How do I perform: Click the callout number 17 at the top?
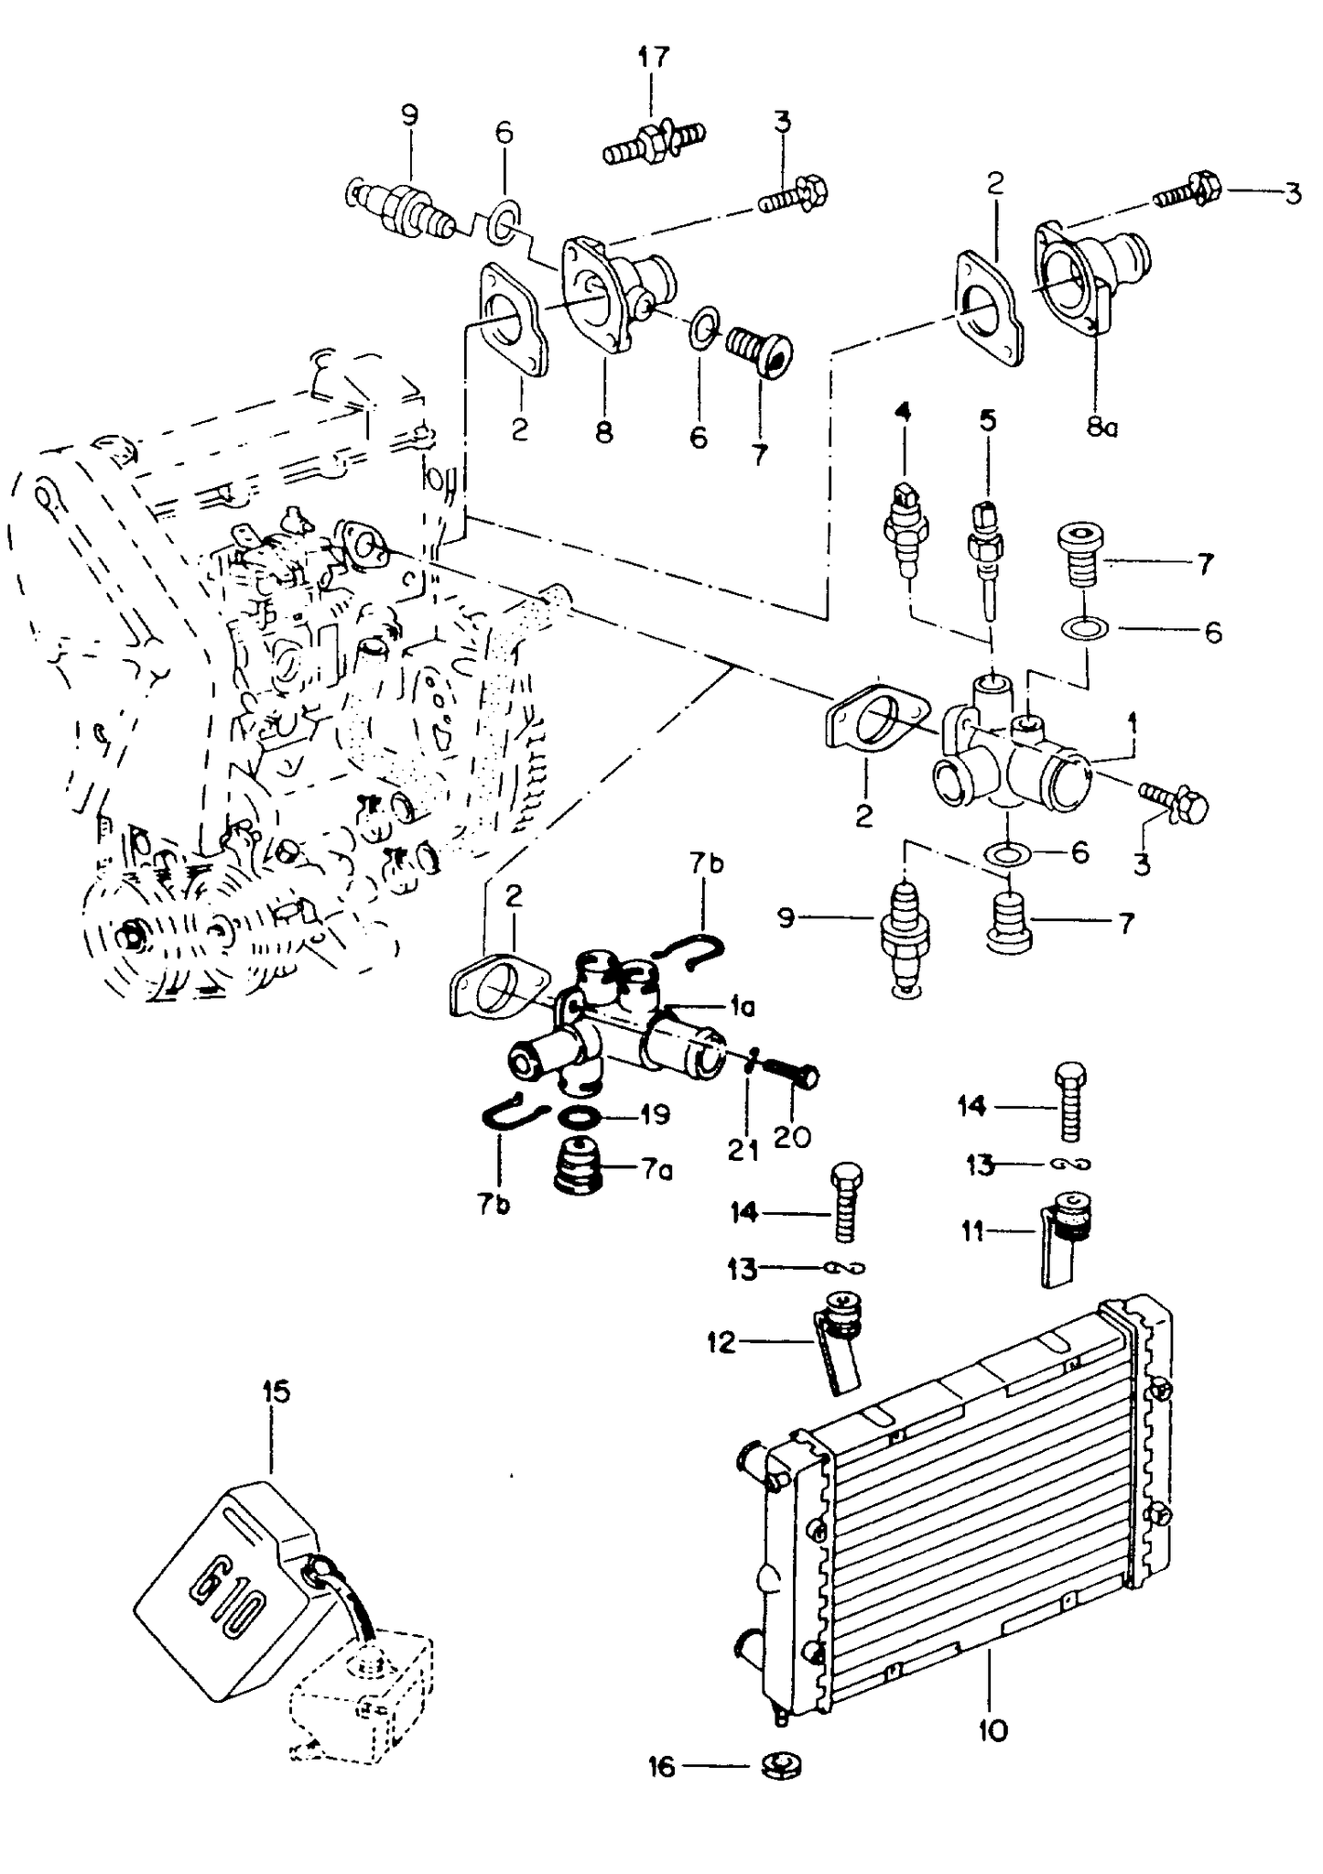[x=653, y=57]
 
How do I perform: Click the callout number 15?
[x=276, y=1392]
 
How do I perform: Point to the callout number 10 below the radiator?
[x=992, y=1730]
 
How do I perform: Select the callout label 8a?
[x=1101, y=427]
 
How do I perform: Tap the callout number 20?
[x=792, y=1137]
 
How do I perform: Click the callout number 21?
[x=743, y=1150]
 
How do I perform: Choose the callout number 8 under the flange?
[x=604, y=432]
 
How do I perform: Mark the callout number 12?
[x=721, y=1342]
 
